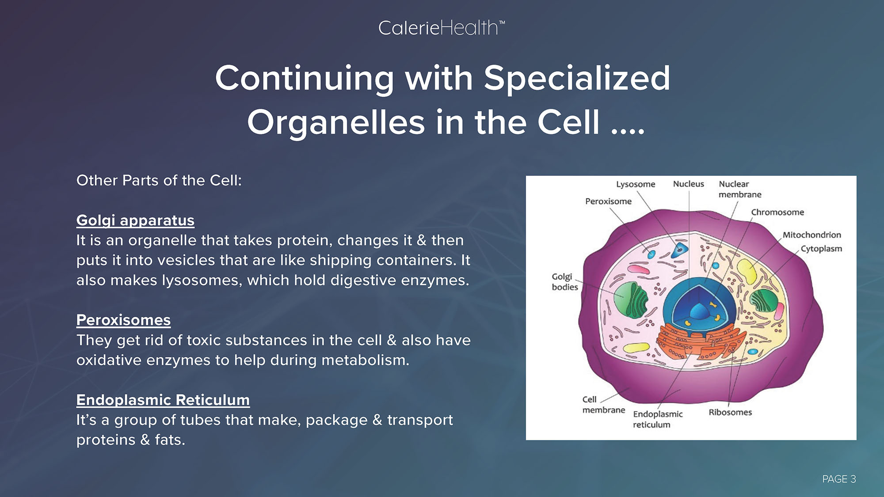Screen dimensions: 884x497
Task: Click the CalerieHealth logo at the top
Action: [x=442, y=28]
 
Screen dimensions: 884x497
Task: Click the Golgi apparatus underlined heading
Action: [x=135, y=220]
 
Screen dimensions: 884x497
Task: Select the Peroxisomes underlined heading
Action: [x=123, y=320]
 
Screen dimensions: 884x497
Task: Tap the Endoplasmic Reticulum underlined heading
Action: [x=163, y=400]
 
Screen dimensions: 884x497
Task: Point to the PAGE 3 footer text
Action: [x=839, y=479]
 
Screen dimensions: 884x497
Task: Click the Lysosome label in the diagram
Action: [x=636, y=184]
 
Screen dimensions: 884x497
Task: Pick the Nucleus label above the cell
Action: [x=688, y=184]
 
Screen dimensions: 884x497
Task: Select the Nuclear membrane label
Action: [x=740, y=189]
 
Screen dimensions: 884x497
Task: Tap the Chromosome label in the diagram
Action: [x=777, y=212]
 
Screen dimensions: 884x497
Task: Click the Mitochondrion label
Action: [x=812, y=235]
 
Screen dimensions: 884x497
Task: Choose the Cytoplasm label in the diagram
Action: [x=821, y=249]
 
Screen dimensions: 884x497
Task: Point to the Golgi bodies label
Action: [x=565, y=282]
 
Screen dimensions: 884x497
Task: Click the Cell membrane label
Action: [x=604, y=405]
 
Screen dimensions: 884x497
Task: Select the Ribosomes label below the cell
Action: [x=730, y=412]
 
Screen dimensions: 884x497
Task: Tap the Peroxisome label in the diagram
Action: [x=608, y=201]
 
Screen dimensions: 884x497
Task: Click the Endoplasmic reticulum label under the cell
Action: [x=658, y=419]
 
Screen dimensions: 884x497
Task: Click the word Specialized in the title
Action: [x=577, y=79]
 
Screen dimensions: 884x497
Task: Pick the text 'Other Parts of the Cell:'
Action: [x=159, y=180]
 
